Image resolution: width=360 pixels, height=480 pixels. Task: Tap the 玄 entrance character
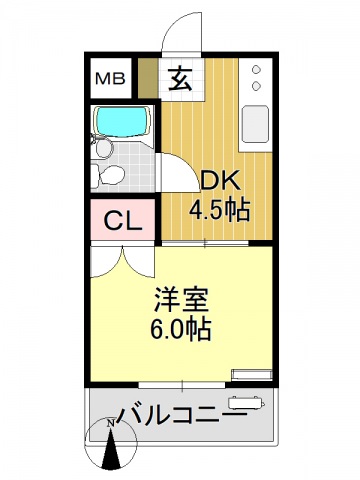pyautogui.click(x=181, y=78)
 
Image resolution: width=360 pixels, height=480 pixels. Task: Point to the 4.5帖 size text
pyautogui.click(x=219, y=210)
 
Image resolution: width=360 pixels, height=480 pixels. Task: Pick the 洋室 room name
pyautogui.click(x=181, y=299)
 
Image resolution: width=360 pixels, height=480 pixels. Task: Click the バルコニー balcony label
pyautogui.click(x=180, y=414)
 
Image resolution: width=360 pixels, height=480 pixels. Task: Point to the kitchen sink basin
pyautogui.click(x=255, y=123)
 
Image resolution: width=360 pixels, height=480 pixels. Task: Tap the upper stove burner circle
pyautogui.click(x=257, y=71)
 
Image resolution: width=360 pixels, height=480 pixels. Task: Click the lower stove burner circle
pyautogui.click(x=257, y=88)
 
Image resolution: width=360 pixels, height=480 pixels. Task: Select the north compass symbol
pyautogui.click(x=111, y=447)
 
